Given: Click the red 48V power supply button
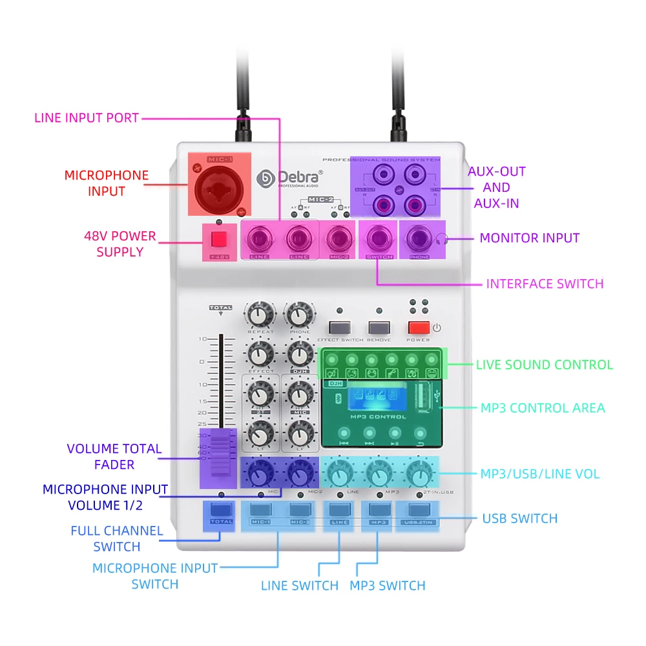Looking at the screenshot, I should click(x=219, y=240).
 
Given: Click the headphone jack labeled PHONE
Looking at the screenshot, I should click(x=418, y=239).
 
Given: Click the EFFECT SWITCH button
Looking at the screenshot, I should click(x=339, y=327).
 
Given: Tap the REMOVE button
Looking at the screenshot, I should click(x=379, y=327).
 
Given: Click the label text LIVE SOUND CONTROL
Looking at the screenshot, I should click(x=544, y=365).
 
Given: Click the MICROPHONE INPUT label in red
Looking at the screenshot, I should click(x=106, y=183).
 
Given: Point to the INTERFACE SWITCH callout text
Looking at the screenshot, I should click(x=545, y=284).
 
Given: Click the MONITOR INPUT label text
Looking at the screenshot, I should click(x=529, y=238).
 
